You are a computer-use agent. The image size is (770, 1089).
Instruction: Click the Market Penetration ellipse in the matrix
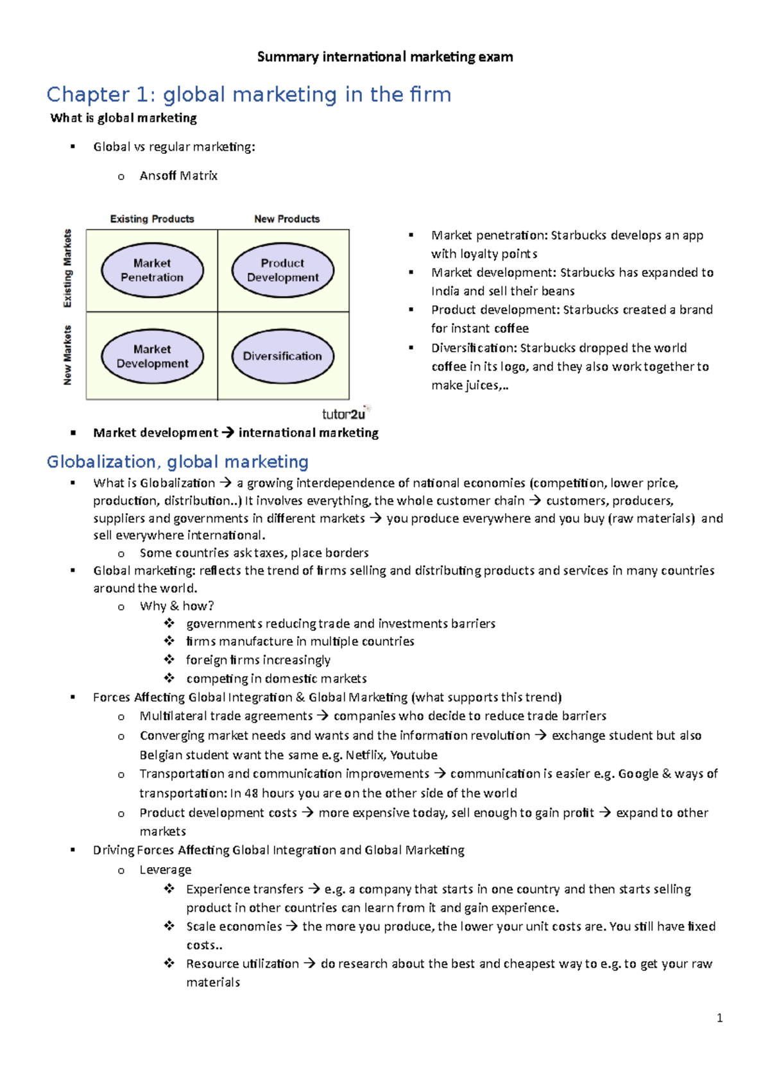152,270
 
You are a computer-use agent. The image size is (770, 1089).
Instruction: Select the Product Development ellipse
282,270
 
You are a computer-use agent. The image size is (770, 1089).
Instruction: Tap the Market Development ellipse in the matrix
152,356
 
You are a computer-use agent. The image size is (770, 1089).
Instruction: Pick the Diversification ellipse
282,356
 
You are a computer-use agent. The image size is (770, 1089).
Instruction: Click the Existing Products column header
152,219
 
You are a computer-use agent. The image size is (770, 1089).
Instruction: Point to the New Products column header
287,219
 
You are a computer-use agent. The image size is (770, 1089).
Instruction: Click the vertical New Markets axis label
67,355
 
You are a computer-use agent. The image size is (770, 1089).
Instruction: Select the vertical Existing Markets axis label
67,268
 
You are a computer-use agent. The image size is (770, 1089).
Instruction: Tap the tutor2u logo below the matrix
345,414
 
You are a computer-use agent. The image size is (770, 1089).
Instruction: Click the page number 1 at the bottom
719,1018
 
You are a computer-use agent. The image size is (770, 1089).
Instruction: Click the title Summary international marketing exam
385,56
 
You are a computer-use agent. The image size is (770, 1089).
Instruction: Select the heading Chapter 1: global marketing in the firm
249,94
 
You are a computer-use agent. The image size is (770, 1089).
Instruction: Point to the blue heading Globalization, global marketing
178,462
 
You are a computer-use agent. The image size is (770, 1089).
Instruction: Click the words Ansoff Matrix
178,176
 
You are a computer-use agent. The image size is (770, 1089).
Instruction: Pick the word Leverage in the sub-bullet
166,870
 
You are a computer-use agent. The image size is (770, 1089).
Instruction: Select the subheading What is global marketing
124,118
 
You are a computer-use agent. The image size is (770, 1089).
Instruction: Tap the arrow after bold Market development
228,433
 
